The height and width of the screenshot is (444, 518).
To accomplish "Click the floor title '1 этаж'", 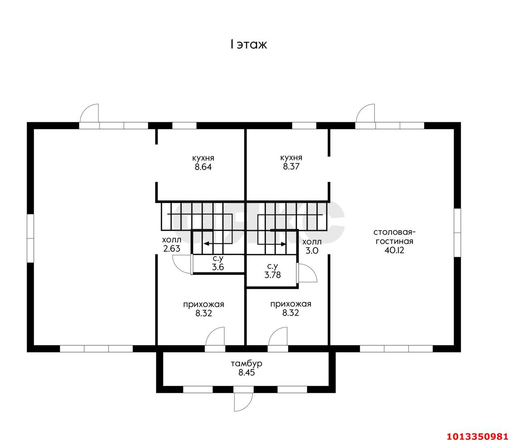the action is click(248, 45).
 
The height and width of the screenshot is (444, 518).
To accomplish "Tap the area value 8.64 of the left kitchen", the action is click(203, 167).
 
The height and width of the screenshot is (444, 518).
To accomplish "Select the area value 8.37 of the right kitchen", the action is click(291, 166).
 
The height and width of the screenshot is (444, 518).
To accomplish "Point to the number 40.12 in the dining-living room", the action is click(394, 250).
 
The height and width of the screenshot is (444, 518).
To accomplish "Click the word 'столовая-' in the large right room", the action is click(395, 232).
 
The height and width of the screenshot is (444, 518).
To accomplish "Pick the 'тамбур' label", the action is click(246, 363).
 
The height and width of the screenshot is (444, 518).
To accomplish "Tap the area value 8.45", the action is click(246, 372).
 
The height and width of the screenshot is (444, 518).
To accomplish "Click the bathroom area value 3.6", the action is click(218, 267).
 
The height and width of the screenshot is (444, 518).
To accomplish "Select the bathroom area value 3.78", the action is click(273, 275).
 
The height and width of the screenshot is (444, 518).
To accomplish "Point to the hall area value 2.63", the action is click(172, 249).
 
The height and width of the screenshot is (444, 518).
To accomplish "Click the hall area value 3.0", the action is click(312, 251).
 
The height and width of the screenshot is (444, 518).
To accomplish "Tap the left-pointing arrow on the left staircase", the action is click(218, 243).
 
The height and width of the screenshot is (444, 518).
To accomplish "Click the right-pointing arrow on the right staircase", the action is click(272, 244).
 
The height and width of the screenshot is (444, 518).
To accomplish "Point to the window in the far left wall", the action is click(30, 238).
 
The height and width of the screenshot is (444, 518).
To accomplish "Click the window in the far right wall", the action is click(457, 233).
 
